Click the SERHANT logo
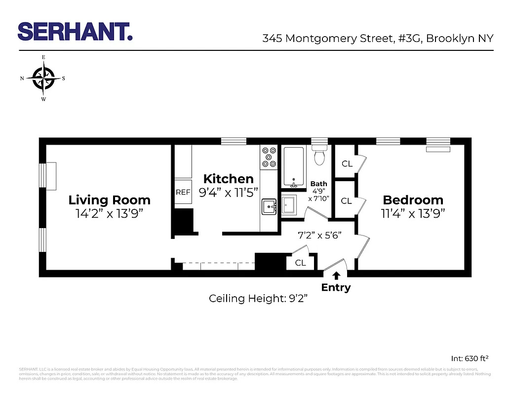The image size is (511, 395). [75, 32]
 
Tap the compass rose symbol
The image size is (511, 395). [43, 79]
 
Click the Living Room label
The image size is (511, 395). [109, 200]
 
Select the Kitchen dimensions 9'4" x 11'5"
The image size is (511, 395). [229, 193]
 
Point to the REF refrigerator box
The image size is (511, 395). [183, 193]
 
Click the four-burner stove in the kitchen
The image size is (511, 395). [269, 157]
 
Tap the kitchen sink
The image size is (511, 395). [269, 207]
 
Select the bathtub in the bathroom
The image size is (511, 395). [294, 167]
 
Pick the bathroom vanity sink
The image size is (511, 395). [289, 205]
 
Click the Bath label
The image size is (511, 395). [318, 184]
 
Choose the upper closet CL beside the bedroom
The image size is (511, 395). [347, 163]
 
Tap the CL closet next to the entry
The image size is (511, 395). [300, 263]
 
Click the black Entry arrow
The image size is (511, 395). [336, 276]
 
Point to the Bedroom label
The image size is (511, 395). [413, 200]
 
